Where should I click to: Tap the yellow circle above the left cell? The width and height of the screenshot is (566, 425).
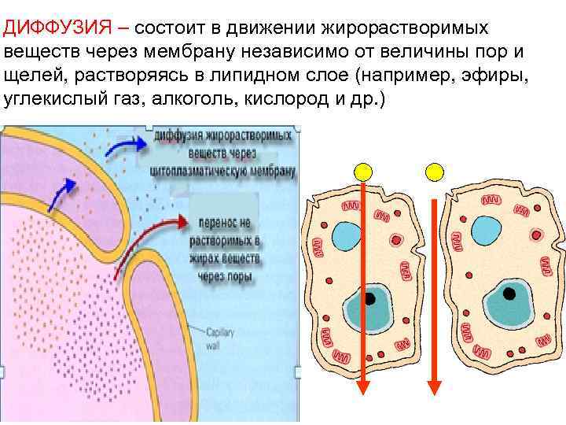362,172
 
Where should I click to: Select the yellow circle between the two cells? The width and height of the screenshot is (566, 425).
434,172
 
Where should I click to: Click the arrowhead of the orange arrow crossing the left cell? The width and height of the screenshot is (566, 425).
363,389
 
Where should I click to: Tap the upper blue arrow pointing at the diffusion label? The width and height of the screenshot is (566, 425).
126,145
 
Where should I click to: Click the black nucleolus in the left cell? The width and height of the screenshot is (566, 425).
368,299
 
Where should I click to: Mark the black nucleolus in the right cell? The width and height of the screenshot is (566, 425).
510,294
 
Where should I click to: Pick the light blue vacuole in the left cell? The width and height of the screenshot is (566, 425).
346,235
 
